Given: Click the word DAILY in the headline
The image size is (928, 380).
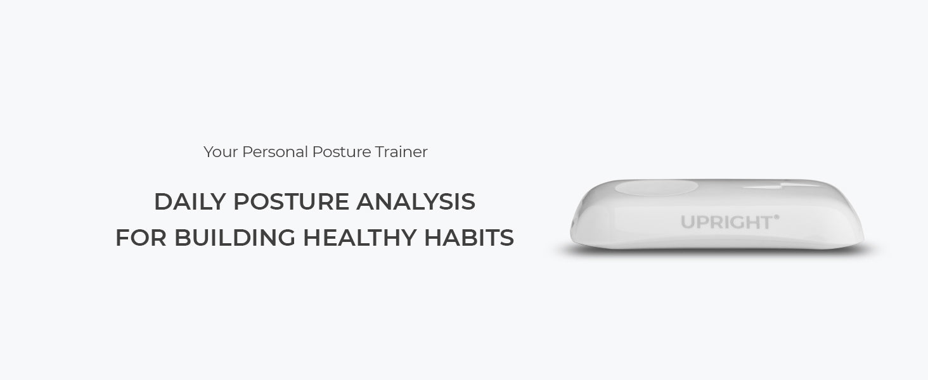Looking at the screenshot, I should click(x=190, y=202).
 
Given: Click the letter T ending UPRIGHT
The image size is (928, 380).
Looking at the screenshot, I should click(x=766, y=222).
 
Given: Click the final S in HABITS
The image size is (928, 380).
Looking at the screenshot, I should click(x=506, y=238).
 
